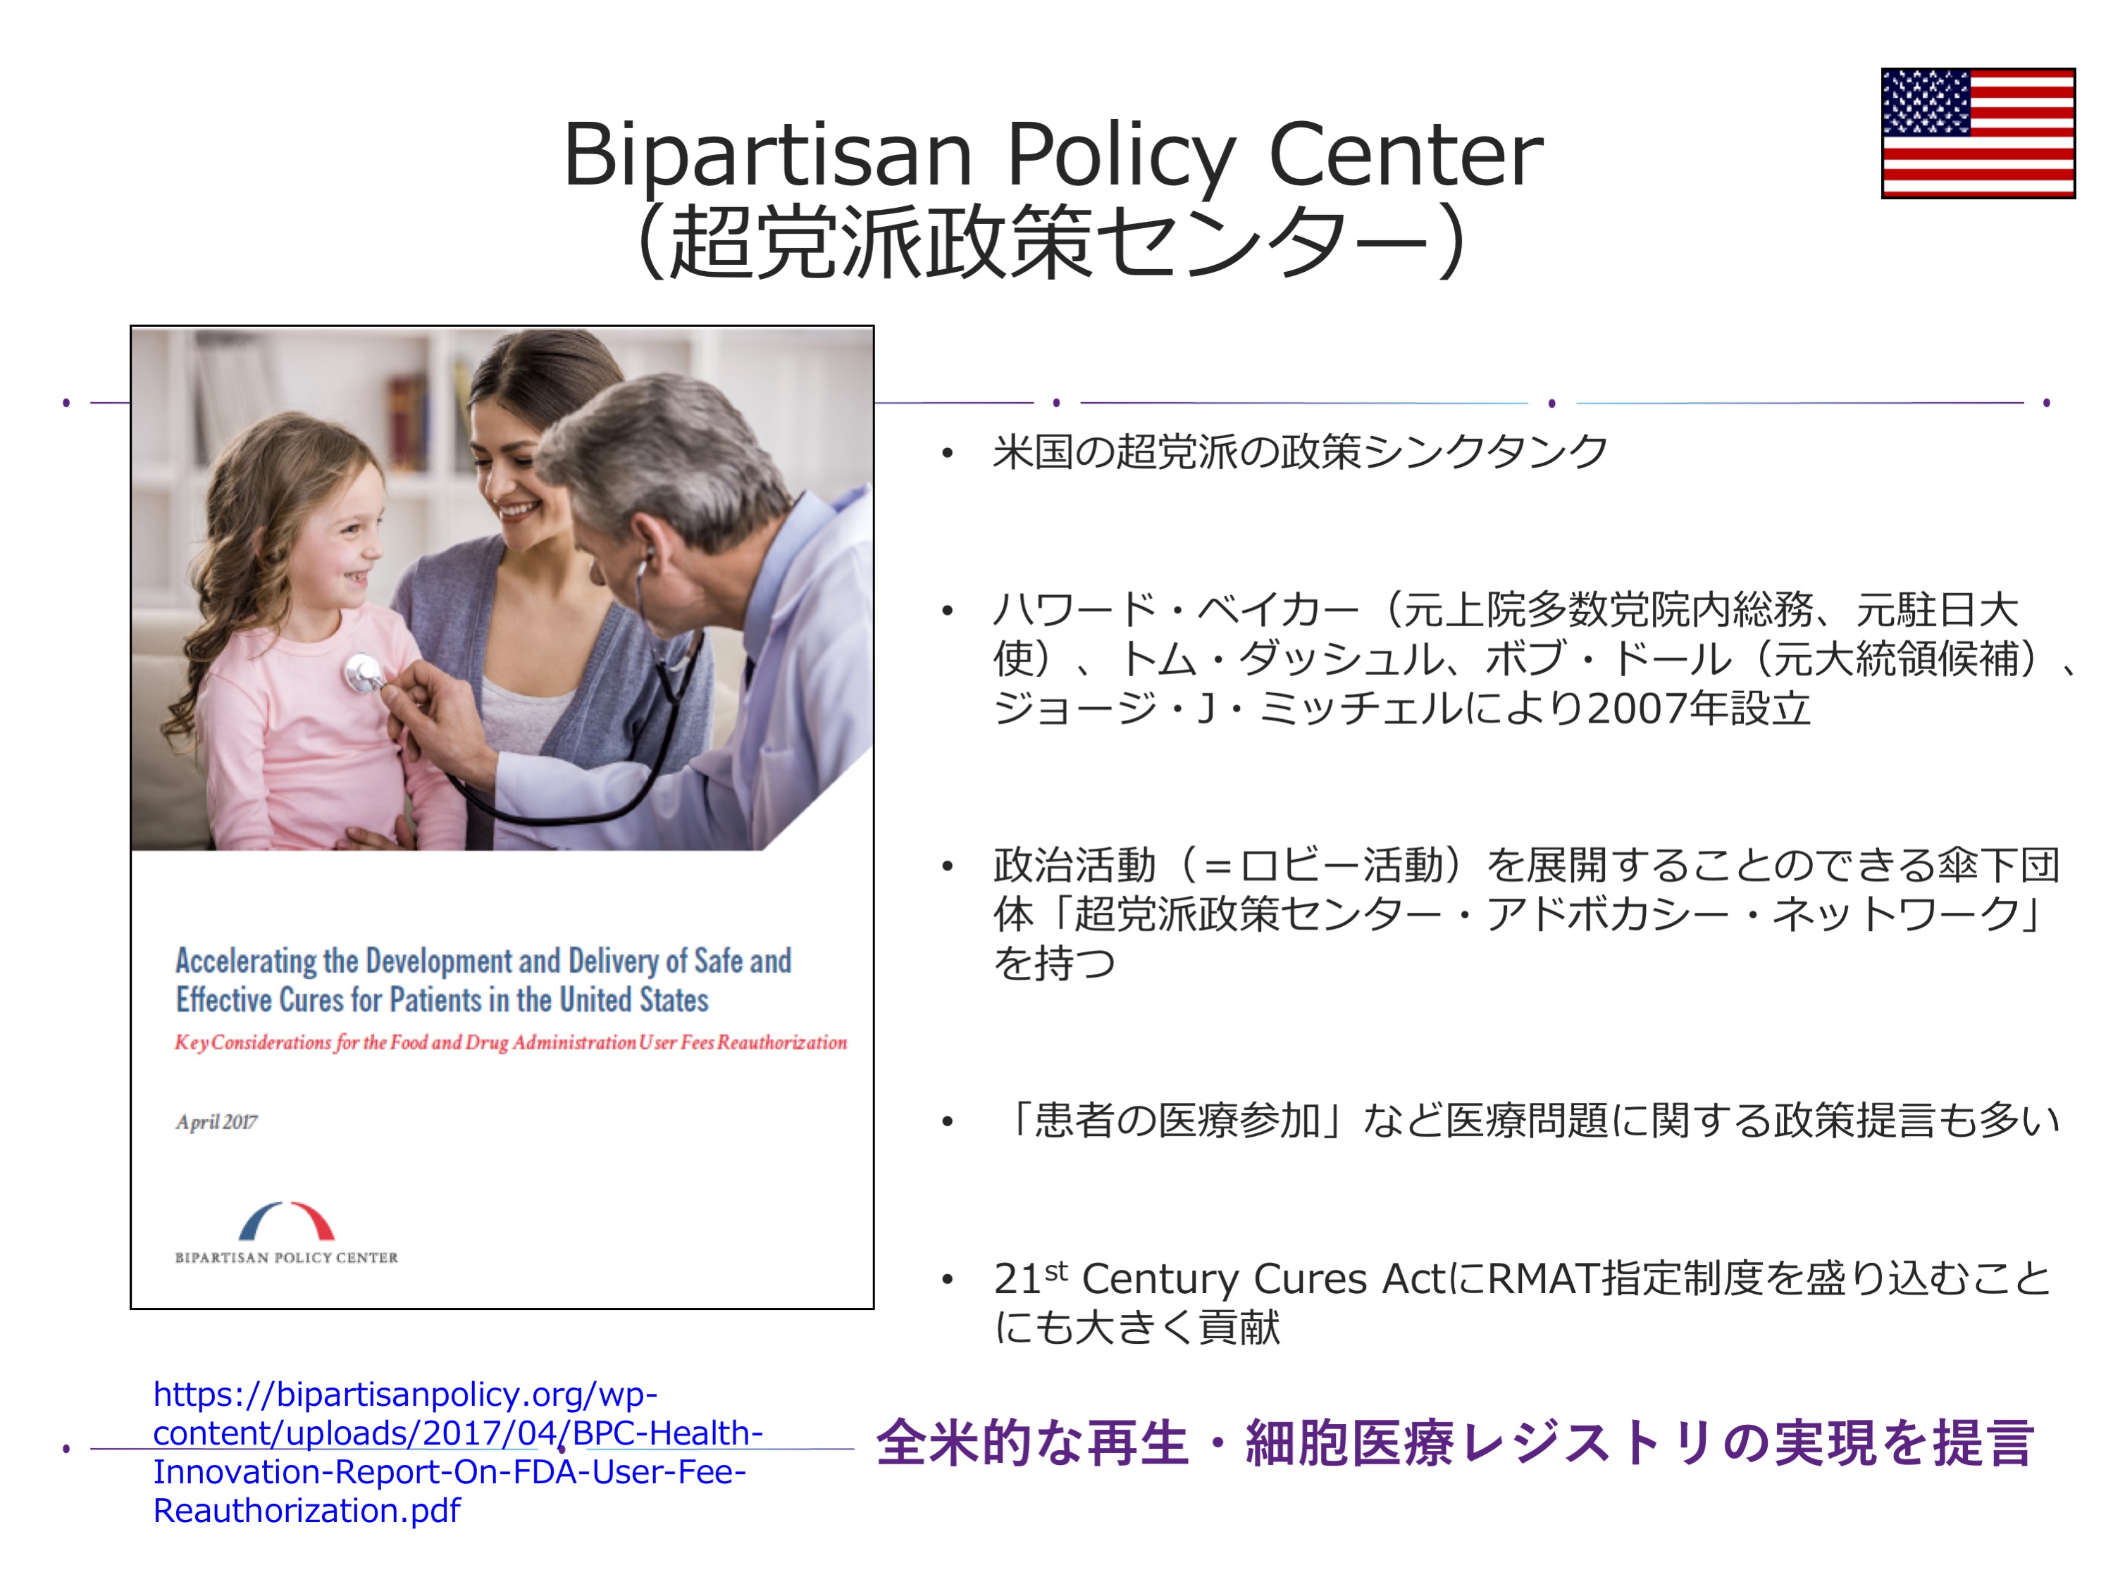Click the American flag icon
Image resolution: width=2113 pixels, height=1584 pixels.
tap(1977, 132)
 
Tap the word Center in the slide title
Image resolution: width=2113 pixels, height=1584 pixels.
tap(1405, 155)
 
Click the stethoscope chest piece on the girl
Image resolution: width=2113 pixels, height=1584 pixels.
tap(363, 673)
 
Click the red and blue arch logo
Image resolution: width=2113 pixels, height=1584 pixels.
tap(287, 1221)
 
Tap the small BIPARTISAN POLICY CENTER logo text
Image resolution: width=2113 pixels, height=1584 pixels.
tap(287, 1257)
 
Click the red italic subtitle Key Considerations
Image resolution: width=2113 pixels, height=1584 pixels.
tap(511, 1042)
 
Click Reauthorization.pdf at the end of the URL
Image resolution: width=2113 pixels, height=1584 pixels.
tap(306, 1511)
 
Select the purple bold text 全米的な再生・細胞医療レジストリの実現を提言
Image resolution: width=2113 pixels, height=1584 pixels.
tap(1455, 1442)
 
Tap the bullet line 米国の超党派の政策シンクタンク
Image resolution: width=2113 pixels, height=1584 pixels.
tap(1300, 451)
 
